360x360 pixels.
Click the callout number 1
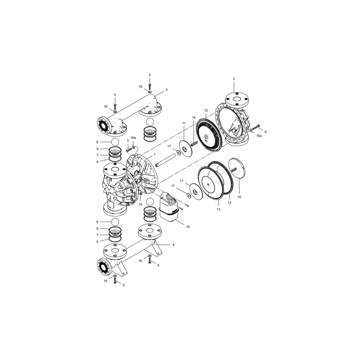click(154, 154)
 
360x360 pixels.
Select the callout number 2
click(234, 79)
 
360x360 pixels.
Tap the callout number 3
click(166, 90)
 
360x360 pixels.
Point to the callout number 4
click(173, 244)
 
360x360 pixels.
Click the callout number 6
click(265, 132)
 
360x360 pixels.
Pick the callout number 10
click(239, 197)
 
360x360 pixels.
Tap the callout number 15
click(140, 204)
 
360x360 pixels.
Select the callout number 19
click(188, 227)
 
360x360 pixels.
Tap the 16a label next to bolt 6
click(259, 135)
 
